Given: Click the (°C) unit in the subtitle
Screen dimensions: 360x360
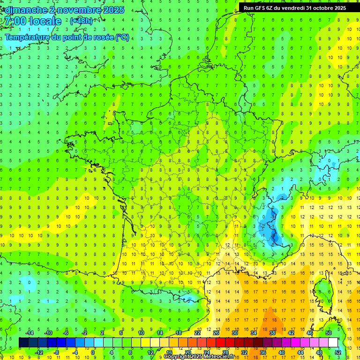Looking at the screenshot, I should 122,37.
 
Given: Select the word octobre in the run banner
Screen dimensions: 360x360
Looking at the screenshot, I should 321,7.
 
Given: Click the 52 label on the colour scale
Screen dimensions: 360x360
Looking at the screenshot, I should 338,352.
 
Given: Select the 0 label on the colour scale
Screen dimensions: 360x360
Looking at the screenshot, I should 93,352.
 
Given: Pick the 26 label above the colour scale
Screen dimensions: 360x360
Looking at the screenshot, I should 216,333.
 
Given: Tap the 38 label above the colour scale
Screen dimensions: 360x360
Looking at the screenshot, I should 272,333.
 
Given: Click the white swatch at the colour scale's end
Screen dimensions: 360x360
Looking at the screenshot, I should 333,342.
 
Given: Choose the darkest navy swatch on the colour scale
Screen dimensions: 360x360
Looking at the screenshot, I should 23,342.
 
